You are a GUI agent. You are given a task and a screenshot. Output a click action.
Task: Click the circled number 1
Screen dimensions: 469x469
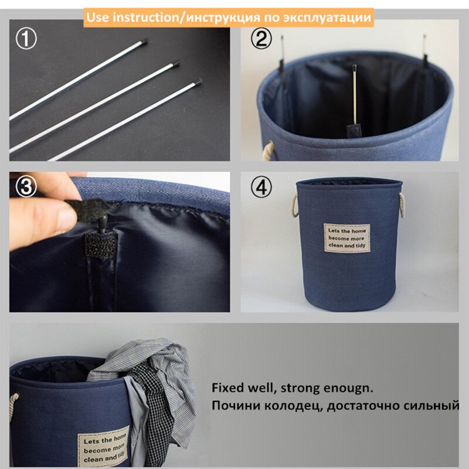click(x=26, y=39)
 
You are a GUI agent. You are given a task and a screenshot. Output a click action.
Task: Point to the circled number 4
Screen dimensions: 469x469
click(x=261, y=186)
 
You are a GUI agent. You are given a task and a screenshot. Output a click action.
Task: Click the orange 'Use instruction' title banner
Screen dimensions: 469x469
click(x=229, y=17)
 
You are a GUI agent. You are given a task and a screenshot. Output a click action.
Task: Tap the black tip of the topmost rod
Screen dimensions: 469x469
click(x=144, y=41)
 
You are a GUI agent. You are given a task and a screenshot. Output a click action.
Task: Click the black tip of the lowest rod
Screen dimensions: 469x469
click(x=199, y=81)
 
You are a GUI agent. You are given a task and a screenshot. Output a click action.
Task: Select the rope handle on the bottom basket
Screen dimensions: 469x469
click(x=14, y=410)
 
